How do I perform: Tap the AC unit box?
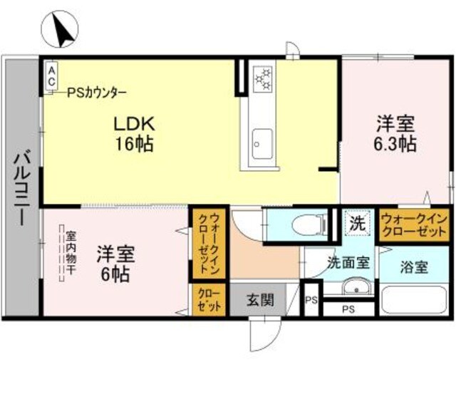pos(51,76)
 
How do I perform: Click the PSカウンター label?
pos(98,93)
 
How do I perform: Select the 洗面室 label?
pos(348,262)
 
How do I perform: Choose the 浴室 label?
pos(413,268)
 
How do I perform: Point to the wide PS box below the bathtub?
pos(348,309)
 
